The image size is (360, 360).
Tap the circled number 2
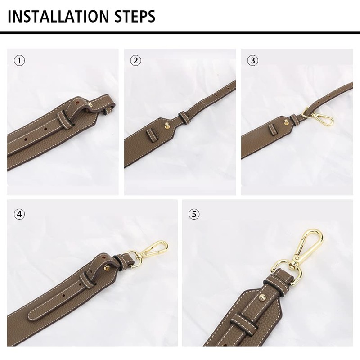[x=136, y=61]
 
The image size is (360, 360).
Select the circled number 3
[x=252, y=61]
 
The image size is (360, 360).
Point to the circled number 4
[x=19, y=214]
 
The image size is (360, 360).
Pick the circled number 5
[x=194, y=214]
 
